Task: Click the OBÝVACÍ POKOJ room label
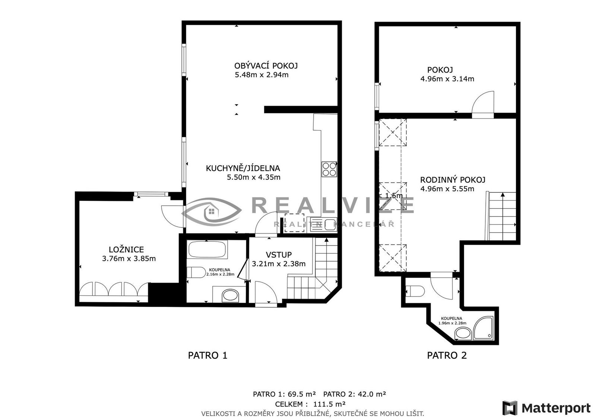[x=266, y=66]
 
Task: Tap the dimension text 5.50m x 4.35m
[x=254, y=177]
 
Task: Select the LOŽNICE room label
[x=126, y=250]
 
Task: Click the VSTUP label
[x=279, y=255]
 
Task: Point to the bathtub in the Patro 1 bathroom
[x=207, y=250]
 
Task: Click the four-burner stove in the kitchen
[x=329, y=169]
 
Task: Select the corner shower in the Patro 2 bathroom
[x=484, y=328]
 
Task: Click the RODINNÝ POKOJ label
[x=453, y=180]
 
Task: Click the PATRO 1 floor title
[x=207, y=355]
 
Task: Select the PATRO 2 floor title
[x=447, y=355]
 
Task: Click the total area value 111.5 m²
[x=329, y=404]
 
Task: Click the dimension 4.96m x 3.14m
[x=447, y=79]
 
